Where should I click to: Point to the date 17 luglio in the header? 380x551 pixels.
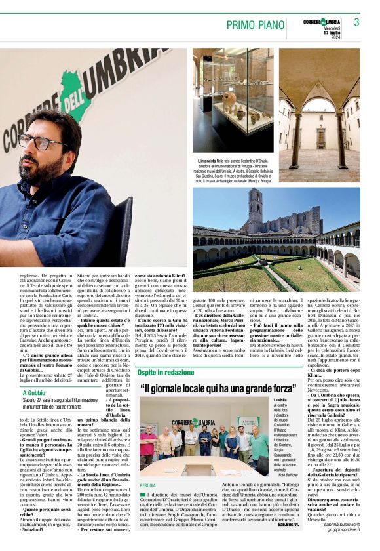[x=332, y=33]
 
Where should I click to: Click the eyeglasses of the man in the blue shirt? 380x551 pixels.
[x=36, y=142]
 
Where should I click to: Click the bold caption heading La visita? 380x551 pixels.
[x=280, y=399]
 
